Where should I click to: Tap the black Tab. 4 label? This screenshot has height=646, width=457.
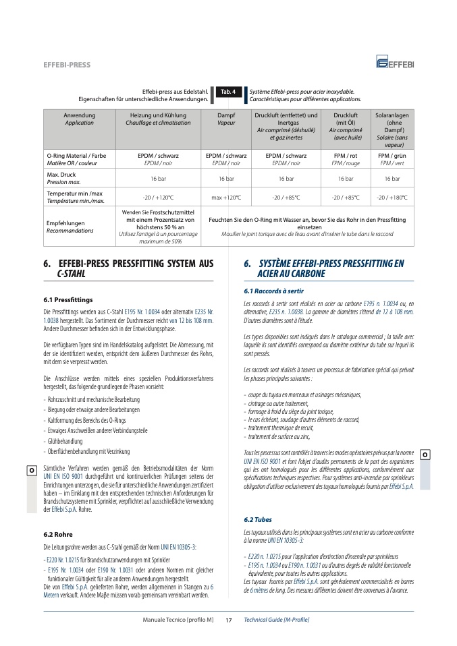point(228,92)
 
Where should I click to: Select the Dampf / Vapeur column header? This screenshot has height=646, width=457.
point(226,119)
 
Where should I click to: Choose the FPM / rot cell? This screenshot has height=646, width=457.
point(346,159)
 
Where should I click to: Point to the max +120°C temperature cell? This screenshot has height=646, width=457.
point(226,198)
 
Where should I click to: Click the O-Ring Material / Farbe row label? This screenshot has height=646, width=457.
point(76,159)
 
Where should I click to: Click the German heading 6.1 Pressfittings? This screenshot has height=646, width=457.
point(68,299)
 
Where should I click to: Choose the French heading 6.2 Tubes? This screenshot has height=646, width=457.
point(259,520)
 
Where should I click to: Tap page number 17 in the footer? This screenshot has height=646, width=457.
point(229,620)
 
